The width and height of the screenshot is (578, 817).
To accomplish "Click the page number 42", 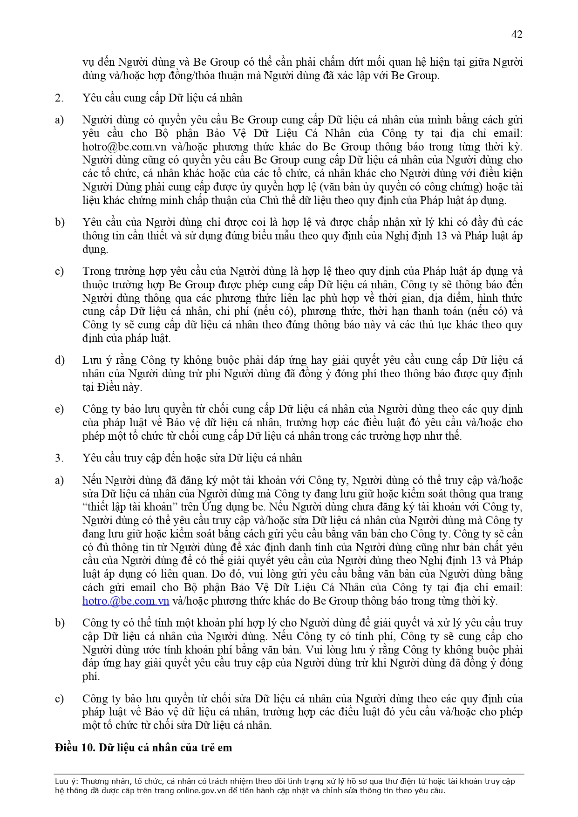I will point(517,34).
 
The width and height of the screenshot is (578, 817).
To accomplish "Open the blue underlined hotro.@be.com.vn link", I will point(126,601).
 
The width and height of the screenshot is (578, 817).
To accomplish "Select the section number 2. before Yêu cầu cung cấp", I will point(59,98).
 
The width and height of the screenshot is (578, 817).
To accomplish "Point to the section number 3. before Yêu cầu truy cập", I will point(59,458).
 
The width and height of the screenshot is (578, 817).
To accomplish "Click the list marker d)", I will point(60,360).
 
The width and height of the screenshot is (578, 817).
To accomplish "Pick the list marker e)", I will point(59,409).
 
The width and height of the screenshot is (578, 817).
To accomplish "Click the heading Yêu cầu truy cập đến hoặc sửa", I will point(192,458).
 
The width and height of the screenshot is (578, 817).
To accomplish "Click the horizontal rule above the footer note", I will point(289,774).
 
